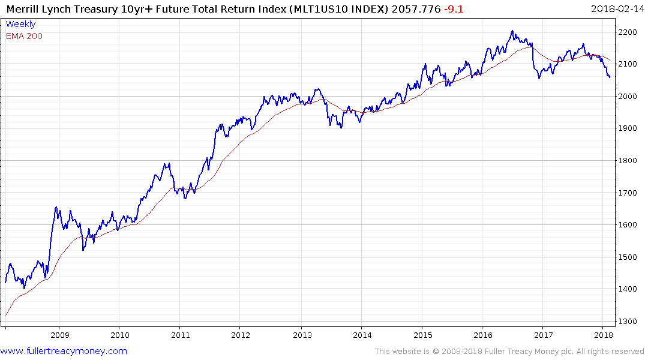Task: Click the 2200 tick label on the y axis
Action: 630,32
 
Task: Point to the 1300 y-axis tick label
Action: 630,322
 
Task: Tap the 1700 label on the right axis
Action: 630,193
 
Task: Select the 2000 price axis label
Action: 630,97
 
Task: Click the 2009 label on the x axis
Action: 59,335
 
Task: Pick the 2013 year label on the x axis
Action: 302,335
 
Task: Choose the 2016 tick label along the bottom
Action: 484,335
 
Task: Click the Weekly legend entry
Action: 20,24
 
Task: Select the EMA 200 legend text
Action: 24,36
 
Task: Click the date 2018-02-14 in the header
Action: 615,8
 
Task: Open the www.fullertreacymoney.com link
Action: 64,351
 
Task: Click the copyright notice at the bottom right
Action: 509,351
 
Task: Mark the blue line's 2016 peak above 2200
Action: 512,31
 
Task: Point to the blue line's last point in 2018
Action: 610,77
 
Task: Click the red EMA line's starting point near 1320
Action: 6,315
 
